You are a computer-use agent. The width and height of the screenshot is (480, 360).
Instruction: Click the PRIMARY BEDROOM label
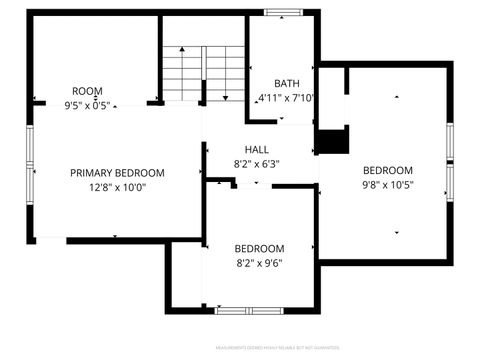[117, 173]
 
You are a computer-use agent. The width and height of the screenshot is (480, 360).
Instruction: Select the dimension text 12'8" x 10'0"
[117, 187]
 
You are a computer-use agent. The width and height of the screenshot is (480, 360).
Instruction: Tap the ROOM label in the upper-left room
[87, 91]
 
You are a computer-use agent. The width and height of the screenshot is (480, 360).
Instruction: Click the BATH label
[287, 83]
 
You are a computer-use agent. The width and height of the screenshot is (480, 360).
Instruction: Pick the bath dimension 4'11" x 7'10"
[287, 98]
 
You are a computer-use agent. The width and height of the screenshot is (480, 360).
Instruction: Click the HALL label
[256, 150]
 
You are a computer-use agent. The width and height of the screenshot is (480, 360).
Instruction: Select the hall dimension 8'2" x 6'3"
[256, 164]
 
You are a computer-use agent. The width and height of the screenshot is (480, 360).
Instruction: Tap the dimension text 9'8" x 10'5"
[387, 184]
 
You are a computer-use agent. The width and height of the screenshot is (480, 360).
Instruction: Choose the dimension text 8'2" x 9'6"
[259, 263]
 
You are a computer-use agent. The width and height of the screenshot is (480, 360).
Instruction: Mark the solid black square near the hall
[330, 142]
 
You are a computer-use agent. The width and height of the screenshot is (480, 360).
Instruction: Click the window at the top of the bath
[285, 13]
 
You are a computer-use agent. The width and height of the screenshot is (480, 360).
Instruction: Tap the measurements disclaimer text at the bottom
[269, 348]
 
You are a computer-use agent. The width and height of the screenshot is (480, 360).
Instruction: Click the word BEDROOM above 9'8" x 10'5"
[387, 170]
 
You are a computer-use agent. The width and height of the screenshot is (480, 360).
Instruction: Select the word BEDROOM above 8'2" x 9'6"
[259, 249]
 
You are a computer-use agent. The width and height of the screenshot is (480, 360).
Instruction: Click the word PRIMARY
[92, 173]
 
